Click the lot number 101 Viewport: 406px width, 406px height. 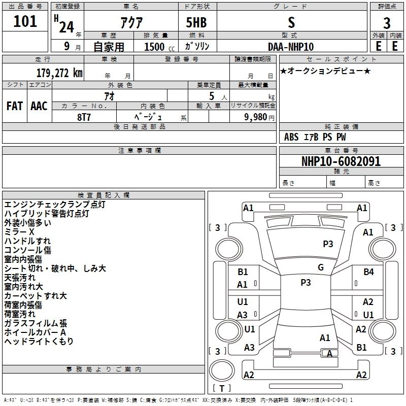[25, 21]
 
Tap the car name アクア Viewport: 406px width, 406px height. [131, 22]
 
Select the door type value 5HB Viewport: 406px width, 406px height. [196, 22]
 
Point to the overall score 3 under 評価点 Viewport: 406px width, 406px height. [387, 23]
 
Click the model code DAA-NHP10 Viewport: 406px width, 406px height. [291, 47]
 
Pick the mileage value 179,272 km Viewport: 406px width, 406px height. [59, 73]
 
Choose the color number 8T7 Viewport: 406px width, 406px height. [84, 117]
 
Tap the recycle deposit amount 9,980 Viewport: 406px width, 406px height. [256, 117]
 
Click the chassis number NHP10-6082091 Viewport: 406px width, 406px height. [341, 161]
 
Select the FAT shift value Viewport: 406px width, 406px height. [15, 106]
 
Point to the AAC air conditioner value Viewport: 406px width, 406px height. [39, 106]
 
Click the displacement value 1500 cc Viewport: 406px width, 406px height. [159, 47]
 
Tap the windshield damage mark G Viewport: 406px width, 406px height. [321, 267]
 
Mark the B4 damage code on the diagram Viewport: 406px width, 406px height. [368, 272]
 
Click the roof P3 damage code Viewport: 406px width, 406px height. [306, 282]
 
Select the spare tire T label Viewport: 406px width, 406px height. [222, 388]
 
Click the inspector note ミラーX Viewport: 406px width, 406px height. [19, 232]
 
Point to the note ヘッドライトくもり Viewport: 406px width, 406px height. [39, 341]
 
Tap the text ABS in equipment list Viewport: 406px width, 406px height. [291, 137]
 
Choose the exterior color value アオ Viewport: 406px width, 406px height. [109, 96]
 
